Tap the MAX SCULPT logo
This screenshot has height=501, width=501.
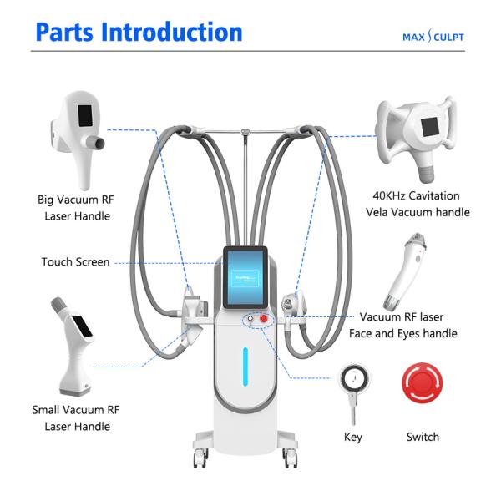tap(433, 37)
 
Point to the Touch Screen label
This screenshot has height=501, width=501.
tap(75, 262)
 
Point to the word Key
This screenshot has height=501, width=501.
tap(353, 437)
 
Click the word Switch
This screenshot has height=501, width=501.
tap(422, 437)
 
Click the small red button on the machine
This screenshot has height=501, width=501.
tap(263, 319)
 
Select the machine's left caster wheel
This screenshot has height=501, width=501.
tap(200, 458)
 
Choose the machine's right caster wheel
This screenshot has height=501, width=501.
tap(289, 458)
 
